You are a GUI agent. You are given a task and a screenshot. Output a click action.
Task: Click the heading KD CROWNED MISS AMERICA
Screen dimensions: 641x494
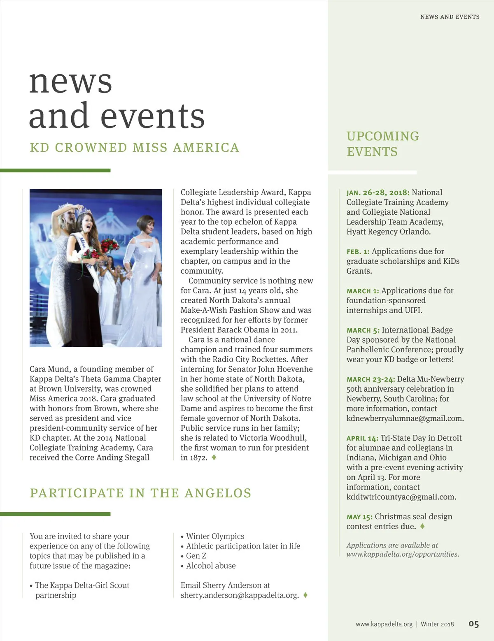coord(134,147)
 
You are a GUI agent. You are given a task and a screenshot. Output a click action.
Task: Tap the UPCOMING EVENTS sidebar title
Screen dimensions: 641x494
coord(382,144)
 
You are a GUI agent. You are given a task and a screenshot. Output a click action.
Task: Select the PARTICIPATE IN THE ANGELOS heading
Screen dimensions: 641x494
coord(140,493)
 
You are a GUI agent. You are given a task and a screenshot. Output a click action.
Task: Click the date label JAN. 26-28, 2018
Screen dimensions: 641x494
coord(378,193)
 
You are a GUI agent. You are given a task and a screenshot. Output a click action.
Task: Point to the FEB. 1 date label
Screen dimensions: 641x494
coord(358,252)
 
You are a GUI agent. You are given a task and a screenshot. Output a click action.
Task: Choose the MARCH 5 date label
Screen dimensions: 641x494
coord(363,330)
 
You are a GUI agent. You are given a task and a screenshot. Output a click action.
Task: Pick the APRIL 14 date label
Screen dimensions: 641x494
coord(362,439)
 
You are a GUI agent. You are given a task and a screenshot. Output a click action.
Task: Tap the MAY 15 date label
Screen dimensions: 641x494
coord(359,517)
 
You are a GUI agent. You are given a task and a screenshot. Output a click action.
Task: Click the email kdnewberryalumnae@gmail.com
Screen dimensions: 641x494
coord(405,418)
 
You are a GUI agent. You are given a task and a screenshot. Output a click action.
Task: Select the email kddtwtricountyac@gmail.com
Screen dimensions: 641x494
coord(401,497)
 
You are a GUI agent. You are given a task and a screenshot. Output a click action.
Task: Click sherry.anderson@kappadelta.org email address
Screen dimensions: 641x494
coord(240,595)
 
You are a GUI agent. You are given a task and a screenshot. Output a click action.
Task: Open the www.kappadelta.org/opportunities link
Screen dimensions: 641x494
coord(403,554)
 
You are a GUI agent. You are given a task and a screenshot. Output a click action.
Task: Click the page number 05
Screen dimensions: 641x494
coord(473,624)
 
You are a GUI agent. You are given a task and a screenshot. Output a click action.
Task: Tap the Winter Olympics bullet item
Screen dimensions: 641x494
coord(215,536)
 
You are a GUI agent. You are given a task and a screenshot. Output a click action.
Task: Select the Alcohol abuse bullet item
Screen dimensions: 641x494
coord(211,566)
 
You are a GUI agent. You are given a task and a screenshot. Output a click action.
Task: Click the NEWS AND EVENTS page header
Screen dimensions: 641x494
coord(450,17)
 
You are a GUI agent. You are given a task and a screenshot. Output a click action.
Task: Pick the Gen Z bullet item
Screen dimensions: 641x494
coord(196,556)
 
